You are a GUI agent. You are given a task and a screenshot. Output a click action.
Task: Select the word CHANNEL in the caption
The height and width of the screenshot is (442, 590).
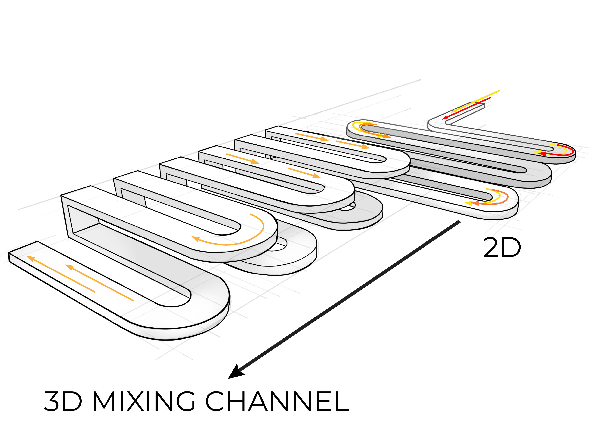pos(277,401)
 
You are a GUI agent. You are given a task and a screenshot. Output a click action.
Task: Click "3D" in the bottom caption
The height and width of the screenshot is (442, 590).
pos(63,401)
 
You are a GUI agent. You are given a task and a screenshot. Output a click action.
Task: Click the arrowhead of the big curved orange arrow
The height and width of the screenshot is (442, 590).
pos(196,239)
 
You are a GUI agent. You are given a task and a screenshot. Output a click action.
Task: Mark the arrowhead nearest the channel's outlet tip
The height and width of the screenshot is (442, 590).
pos(31,258)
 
